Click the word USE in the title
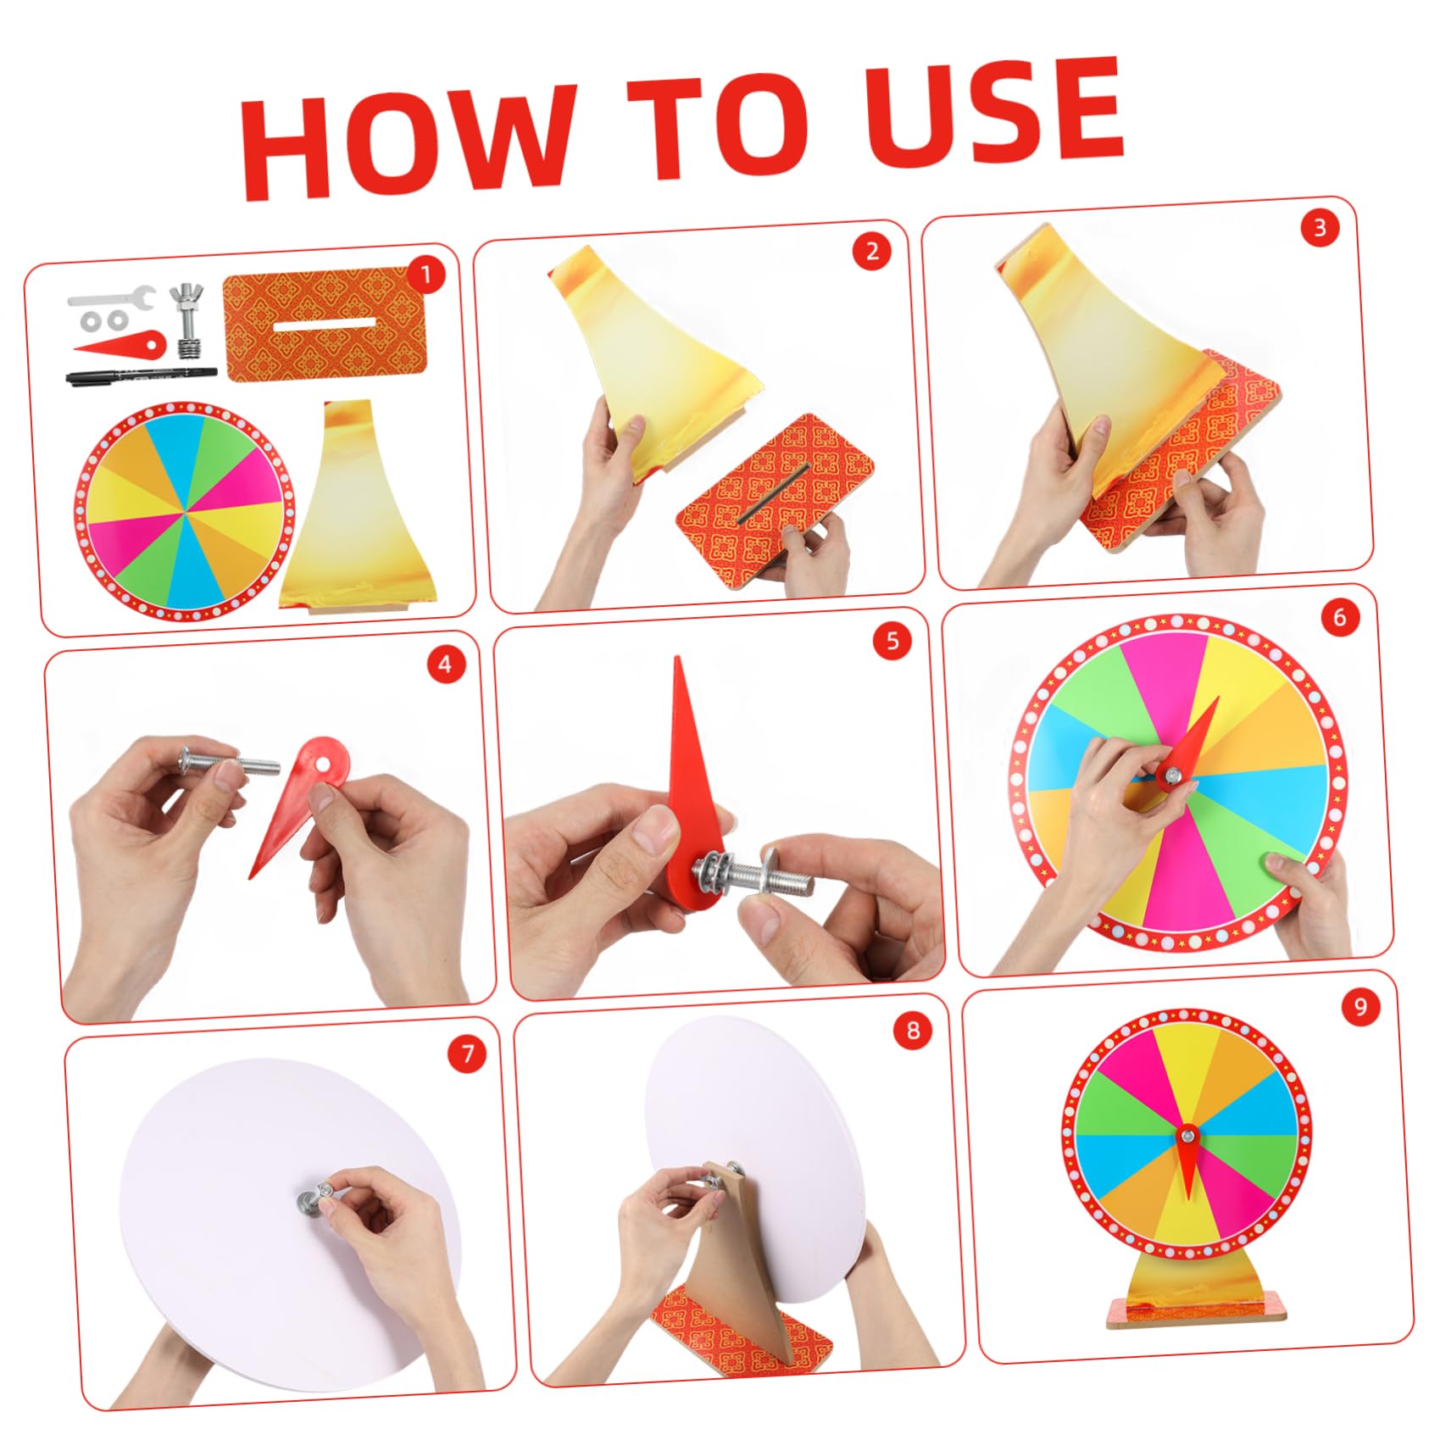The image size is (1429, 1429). coord(992,110)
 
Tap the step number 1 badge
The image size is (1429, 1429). coord(426,275)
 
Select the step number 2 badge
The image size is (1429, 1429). coord(872,252)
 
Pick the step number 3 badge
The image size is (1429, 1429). coord(1319,228)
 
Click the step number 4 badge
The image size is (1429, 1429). coord(446,665)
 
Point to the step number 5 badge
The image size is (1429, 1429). coord(892,642)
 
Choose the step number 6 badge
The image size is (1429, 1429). coord(1339,617)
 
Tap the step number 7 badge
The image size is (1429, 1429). coord(467,1054)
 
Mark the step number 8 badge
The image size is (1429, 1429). coord(913,1031)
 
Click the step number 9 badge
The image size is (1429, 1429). coord(1360,1006)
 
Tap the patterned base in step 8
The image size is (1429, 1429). coord(737,1335)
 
